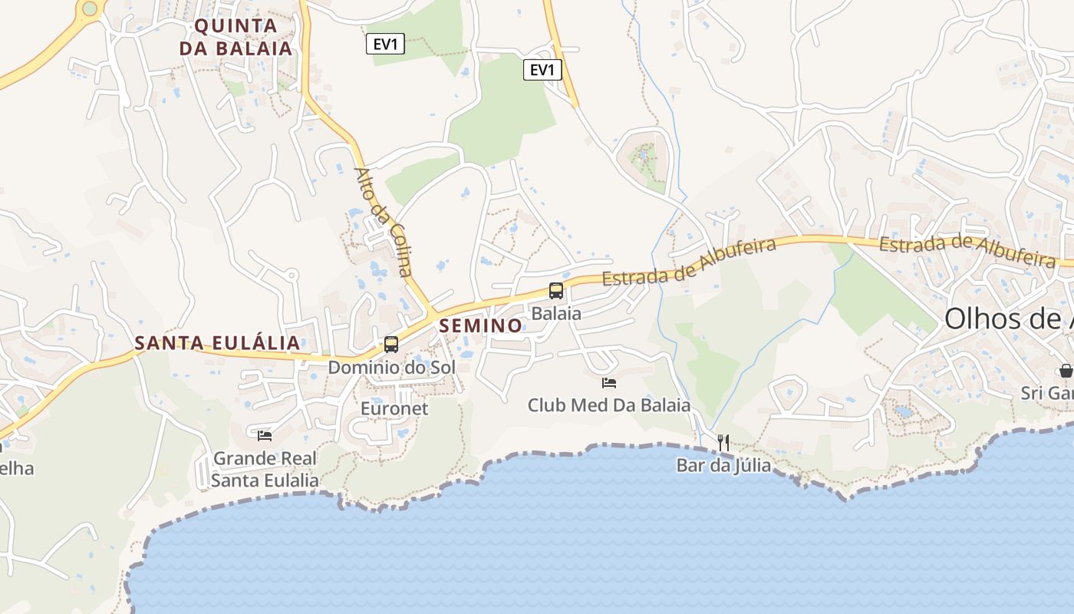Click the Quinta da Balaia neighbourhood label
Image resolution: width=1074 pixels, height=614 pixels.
click(236, 37)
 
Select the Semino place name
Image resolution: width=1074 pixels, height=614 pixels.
click(480, 325)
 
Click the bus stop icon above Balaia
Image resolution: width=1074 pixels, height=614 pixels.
click(556, 291)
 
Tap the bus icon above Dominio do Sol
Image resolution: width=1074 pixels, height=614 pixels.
click(391, 344)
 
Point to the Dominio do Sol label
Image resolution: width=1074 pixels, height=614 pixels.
click(391, 368)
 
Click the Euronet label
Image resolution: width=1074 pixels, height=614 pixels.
click(394, 408)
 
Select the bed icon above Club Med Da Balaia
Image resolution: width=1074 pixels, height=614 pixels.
click(609, 382)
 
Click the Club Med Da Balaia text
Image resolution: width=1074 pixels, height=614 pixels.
click(609, 404)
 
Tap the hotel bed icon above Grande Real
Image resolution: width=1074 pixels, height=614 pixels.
click(265, 435)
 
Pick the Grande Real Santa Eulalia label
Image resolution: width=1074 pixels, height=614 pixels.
click(265, 470)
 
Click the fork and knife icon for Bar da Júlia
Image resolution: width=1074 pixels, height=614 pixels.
click(723, 442)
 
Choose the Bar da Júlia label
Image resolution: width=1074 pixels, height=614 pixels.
click(723, 465)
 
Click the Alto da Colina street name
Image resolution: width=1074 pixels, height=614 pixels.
click(384, 222)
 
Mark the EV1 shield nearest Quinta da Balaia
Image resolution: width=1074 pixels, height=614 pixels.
click(385, 45)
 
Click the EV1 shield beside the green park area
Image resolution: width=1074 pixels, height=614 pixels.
click(542, 71)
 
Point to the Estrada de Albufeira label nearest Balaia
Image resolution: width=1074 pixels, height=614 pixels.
click(689, 262)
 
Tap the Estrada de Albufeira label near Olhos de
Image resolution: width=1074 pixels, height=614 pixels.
click(967, 252)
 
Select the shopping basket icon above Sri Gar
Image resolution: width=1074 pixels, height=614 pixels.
click(1066, 371)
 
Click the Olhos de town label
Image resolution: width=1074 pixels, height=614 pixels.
click(1008, 319)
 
